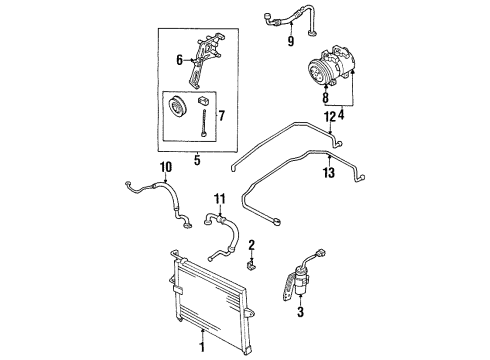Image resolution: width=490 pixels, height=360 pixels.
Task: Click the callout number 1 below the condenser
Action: pos(201,347)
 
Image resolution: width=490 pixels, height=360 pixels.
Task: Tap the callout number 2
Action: pos(251,245)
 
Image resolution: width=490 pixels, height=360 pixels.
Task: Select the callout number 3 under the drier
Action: pos(300,312)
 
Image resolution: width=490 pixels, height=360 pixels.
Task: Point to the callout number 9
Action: pos(291,41)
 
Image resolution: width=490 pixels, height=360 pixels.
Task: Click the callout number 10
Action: pos(166,167)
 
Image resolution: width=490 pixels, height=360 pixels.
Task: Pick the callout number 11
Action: pos(220,199)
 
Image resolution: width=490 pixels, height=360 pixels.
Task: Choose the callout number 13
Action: pos(328,173)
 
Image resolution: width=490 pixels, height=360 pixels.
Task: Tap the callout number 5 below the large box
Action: pos(197,160)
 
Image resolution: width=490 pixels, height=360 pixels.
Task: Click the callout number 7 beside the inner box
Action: pos(222,116)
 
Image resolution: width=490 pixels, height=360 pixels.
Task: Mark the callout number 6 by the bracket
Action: pos(180,60)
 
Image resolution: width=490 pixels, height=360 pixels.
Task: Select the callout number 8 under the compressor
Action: pos(326,98)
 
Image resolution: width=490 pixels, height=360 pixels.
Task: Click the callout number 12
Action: pos(330,117)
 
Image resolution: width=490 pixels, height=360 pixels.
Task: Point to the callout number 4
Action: pos(341,115)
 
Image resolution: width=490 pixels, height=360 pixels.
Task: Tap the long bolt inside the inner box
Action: pos(204,123)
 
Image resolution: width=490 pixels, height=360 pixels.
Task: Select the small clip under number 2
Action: pos(251,266)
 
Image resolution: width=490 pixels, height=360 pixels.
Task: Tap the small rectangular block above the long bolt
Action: pos(204,100)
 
